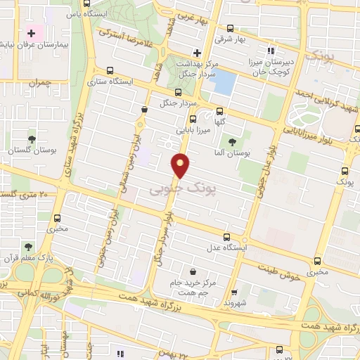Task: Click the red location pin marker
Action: click(181, 165)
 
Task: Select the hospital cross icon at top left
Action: click(31, 32)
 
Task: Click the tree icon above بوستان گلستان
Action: click(32, 139)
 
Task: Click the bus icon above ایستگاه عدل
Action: click(226, 237)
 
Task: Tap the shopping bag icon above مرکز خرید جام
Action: click(193, 271)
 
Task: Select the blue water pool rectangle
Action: click(224, 83)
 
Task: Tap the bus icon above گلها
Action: click(221, 111)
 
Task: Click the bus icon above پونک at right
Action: click(344, 171)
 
